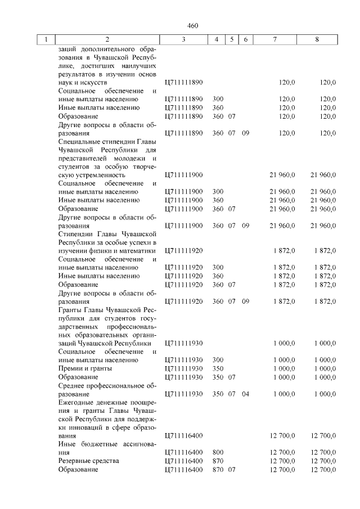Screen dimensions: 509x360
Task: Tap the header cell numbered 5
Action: point(231,40)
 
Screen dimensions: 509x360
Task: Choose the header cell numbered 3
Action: point(183,40)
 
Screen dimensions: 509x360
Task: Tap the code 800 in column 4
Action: point(218,452)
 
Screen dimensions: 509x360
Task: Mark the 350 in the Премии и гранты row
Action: point(218,368)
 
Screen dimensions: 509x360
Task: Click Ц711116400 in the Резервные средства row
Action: point(183,461)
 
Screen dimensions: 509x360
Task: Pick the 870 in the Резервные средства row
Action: point(218,461)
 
